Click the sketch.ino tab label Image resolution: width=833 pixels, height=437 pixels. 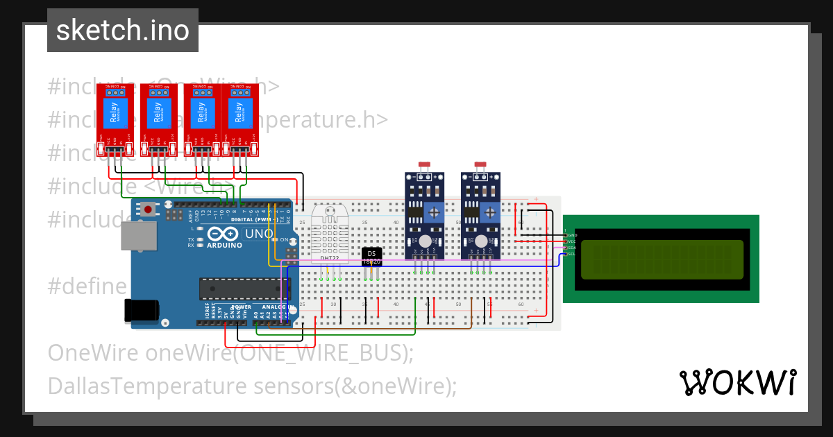point(122,31)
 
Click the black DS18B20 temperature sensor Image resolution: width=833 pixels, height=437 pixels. point(371,257)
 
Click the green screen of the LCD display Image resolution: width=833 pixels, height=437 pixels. point(661,259)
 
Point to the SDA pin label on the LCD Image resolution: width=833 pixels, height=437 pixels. point(572,248)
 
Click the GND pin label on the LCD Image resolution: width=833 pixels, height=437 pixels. point(572,235)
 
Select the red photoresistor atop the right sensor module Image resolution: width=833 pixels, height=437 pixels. point(480,165)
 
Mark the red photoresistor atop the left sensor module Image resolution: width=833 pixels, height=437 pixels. point(423,165)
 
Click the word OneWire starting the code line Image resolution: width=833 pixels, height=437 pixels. point(93,353)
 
